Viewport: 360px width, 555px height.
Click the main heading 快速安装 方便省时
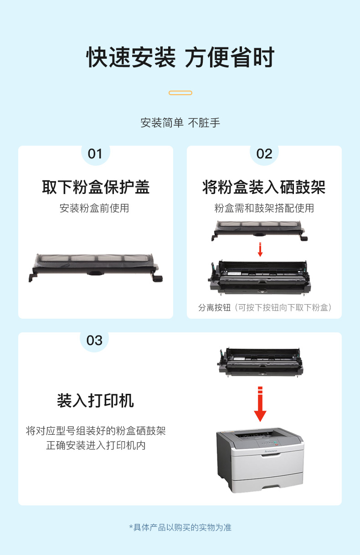pos(180,57)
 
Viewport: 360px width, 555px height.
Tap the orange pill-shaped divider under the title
pos(180,93)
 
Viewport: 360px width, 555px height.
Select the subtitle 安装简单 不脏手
pos(180,123)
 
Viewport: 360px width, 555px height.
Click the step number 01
pos(95,154)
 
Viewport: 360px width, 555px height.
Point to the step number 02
pos(264,154)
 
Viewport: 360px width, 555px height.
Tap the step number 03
pos(94,341)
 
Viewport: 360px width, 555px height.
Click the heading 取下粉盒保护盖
pos(96,187)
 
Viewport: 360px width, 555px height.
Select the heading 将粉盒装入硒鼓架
pos(264,187)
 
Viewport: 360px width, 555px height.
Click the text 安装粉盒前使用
pos(94,208)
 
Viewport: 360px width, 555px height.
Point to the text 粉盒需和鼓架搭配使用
pos(264,208)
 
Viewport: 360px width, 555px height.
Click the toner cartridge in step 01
pos(96,268)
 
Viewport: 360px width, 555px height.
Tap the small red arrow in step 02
pos(260,249)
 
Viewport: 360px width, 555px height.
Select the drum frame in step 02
pos(259,278)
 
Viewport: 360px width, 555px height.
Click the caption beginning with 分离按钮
pos(265,307)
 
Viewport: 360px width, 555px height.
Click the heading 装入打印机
pos(95,401)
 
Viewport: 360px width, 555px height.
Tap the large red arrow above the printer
pos(260,404)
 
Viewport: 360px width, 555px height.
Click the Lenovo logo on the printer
pos(271,451)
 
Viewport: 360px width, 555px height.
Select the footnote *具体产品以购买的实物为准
pos(180,527)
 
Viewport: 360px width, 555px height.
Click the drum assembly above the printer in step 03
pos(260,362)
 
